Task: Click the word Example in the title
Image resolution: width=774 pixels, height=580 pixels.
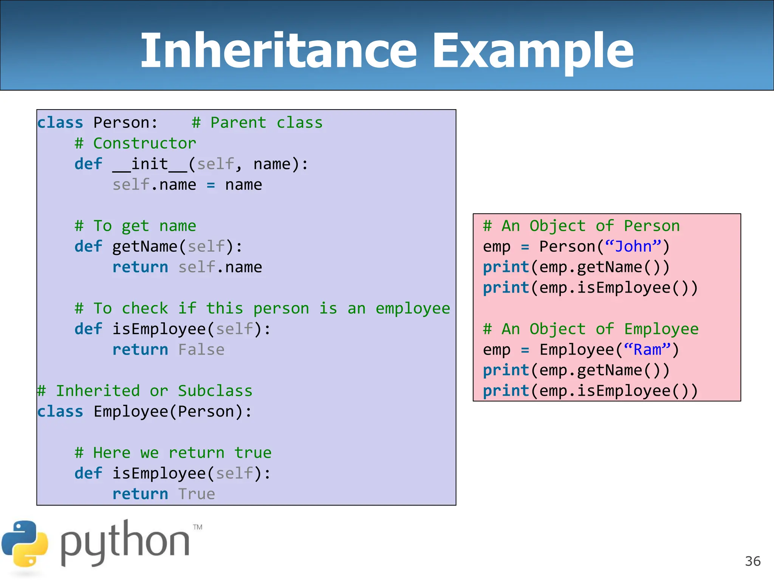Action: (533, 51)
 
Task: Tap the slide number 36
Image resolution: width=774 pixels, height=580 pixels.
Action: (752, 561)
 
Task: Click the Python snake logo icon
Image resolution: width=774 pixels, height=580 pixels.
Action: (25, 544)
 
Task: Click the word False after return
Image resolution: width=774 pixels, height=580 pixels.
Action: (201, 350)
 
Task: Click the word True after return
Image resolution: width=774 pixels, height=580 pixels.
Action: (197, 494)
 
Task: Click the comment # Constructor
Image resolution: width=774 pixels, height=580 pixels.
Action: (135, 143)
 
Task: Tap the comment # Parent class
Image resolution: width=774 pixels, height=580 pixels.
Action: (257, 123)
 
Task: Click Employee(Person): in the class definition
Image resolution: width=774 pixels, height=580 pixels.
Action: (172, 412)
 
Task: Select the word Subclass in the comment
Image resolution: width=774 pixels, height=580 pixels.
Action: (215, 391)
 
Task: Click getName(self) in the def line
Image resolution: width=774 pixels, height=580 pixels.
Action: (173, 247)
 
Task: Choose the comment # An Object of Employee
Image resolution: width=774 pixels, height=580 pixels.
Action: (591, 329)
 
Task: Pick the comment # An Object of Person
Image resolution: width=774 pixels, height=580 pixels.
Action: (581, 226)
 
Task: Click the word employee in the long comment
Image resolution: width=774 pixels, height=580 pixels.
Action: (413, 309)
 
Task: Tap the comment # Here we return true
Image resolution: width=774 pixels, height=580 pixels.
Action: (173, 453)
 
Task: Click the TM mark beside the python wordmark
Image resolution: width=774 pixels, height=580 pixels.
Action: (198, 527)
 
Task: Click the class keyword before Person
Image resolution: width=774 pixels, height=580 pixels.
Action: (60, 123)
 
